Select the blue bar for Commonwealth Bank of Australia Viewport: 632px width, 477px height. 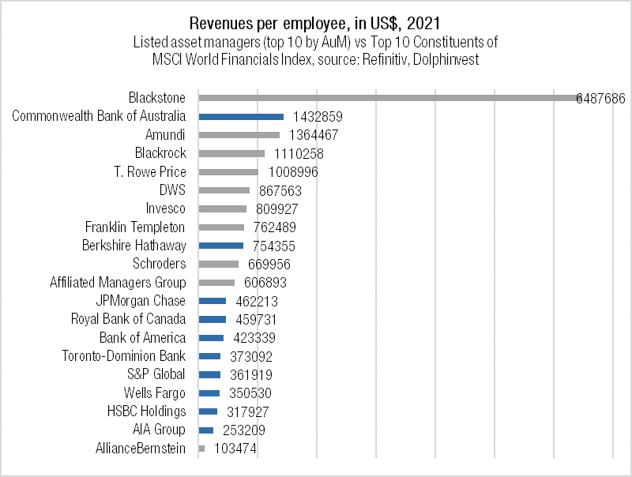click(x=241, y=116)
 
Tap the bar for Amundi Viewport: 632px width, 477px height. click(x=239, y=135)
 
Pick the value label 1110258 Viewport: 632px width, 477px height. click(x=297, y=154)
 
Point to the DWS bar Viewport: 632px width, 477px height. click(x=224, y=190)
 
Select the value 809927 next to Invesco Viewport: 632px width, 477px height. click(x=282, y=209)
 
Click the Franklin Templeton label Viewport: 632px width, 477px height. click(x=135, y=227)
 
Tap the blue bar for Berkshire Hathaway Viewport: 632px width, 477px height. click(x=220, y=246)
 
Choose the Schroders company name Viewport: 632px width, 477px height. click(x=160, y=264)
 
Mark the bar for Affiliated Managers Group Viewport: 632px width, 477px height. click(x=216, y=283)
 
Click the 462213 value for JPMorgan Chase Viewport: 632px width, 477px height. click(x=257, y=301)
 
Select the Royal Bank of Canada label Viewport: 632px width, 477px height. click(x=128, y=319)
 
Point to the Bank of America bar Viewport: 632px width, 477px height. click(x=211, y=338)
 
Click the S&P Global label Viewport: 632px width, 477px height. click(x=156, y=374)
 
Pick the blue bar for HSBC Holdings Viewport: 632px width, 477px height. click(x=208, y=411)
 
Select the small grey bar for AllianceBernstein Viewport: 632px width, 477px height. click(x=201, y=449)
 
